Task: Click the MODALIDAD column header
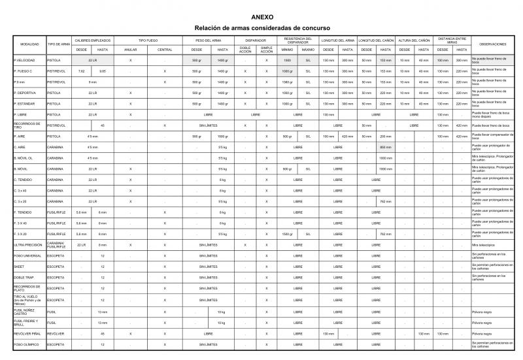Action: pos(29,44)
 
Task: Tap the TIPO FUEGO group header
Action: pos(148,40)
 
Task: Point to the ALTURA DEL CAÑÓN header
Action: pos(414,40)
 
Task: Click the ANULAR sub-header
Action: pos(131,50)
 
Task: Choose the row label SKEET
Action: pos(20,267)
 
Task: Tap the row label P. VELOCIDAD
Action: pos(24,60)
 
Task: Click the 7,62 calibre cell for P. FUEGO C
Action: pos(81,71)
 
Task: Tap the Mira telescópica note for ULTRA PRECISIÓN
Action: pos(484,244)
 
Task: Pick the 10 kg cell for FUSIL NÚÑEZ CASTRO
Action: pos(222,312)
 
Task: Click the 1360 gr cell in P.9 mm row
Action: pos(286,82)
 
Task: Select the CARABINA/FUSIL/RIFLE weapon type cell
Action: pos(56,244)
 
